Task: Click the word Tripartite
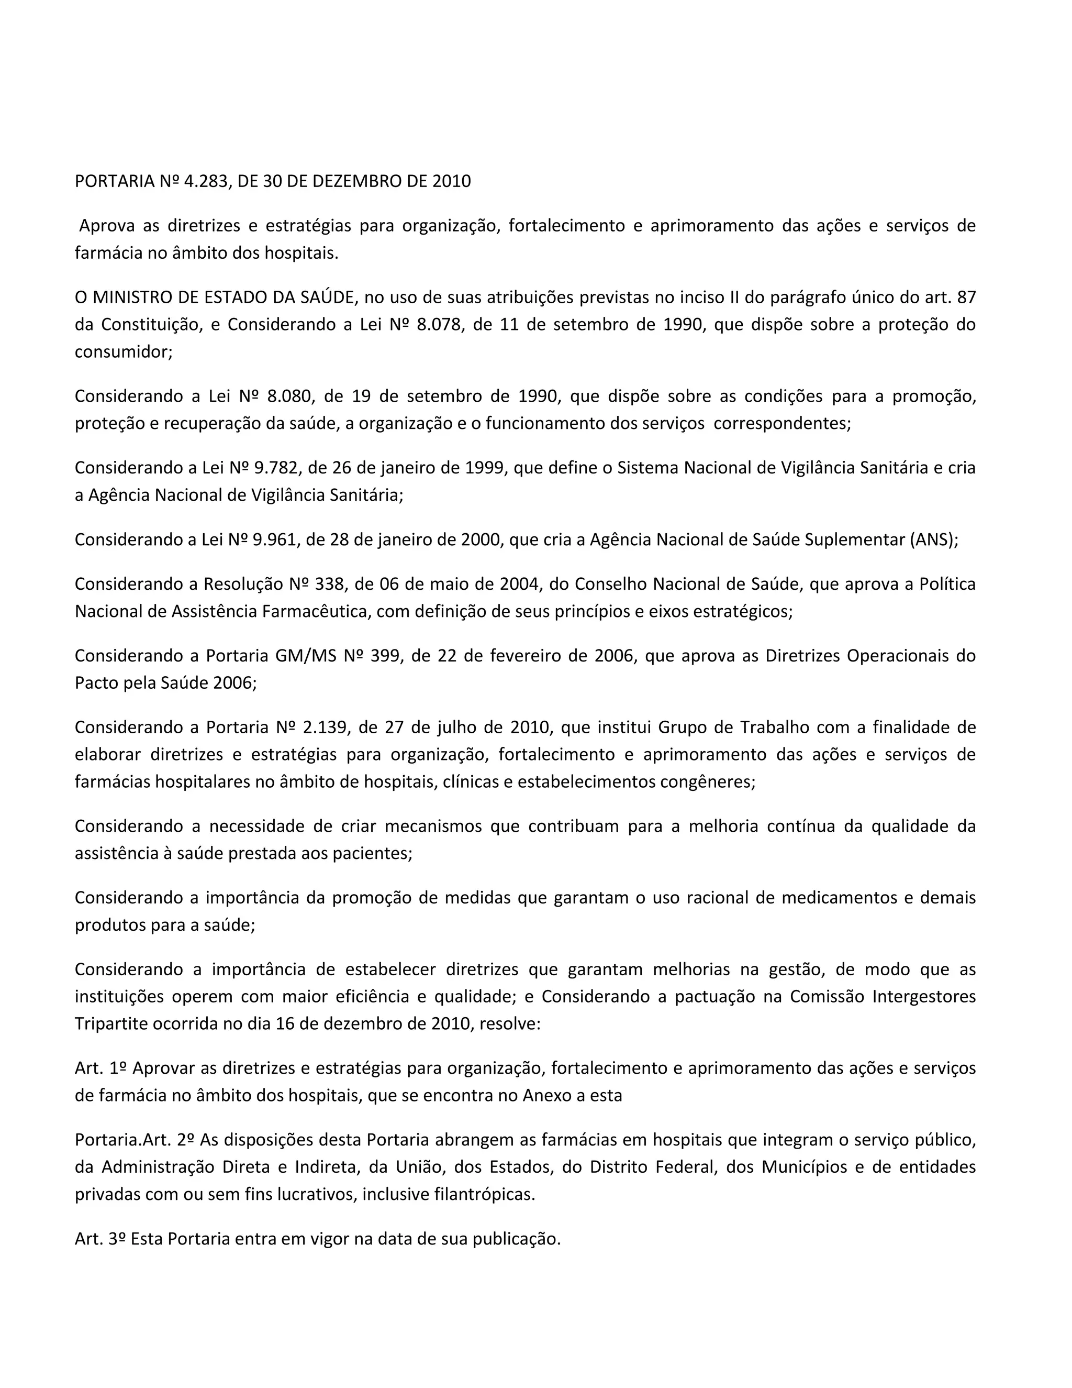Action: [112, 1024]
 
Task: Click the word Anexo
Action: [547, 1096]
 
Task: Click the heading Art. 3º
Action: [99, 1239]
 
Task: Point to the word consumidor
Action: [122, 352]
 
